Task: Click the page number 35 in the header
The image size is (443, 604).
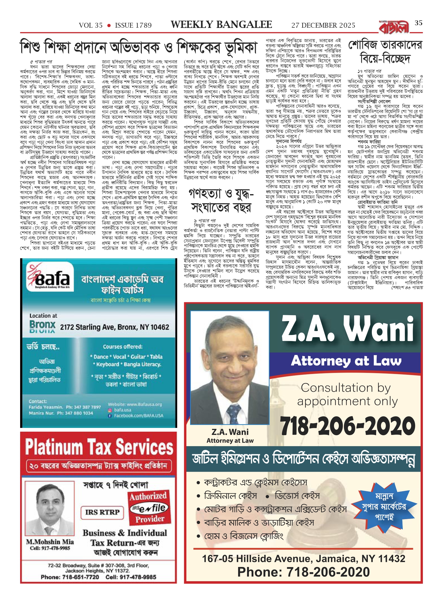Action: tap(419, 23)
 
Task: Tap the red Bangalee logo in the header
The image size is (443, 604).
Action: tap(394, 27)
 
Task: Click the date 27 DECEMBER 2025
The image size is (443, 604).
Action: tap(323, 26)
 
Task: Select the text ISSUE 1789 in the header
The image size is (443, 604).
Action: tap(133, 26)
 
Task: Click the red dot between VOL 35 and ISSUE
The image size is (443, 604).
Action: tap(109, 26)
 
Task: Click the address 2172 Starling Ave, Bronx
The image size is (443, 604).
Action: tap(114, 327)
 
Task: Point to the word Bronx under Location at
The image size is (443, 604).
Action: tap(42, 325)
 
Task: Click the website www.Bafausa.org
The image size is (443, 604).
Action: tap(135, 404)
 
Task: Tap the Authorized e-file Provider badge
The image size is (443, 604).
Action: tap(149, 507)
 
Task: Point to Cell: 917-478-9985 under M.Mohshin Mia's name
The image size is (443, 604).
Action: tap(50, 548)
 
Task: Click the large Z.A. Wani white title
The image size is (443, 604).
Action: tap(347, 330)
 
